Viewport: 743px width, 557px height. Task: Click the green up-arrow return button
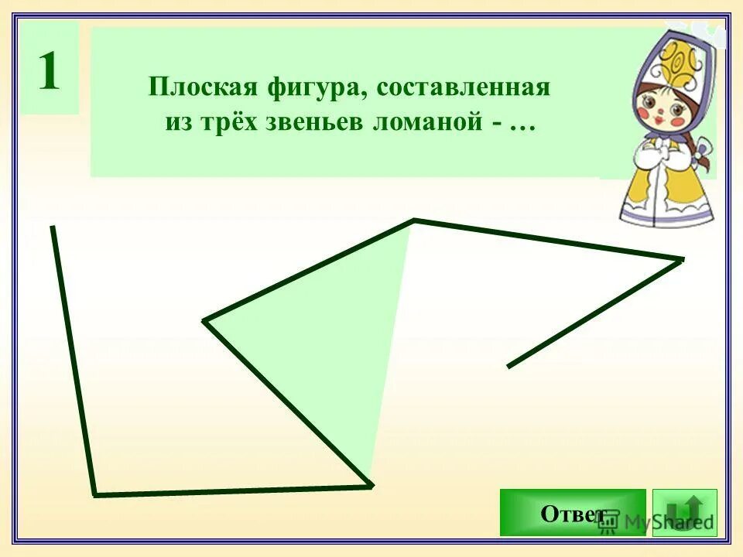[x=685, y=512]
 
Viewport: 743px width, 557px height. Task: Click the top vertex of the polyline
[x=414, y=220]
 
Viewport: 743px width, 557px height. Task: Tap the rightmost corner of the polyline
[x=683, y=259]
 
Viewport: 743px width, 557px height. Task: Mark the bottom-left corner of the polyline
[x=94, y=494]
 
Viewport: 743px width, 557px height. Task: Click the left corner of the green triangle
[x=204, y=320]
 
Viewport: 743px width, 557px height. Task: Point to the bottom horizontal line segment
[x=232, y=490]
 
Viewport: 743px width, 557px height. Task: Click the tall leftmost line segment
[x=73, y=360]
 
